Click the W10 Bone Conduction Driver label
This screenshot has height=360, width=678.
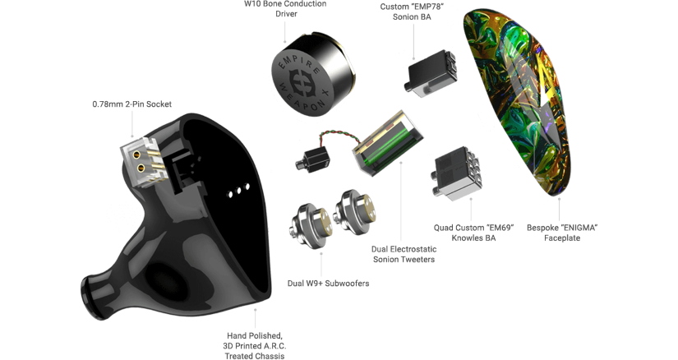(x=285, y=9)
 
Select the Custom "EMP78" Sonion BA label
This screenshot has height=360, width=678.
(x=412, y=12)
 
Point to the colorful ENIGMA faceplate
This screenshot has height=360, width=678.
(x=526, y=107)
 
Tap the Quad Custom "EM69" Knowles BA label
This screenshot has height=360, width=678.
(x=473, y=233)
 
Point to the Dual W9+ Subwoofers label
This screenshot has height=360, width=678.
(x=328, y=284)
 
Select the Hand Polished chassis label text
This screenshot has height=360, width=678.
(x=256, y=345)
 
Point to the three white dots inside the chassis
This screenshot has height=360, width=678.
(x=238, y=190)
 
